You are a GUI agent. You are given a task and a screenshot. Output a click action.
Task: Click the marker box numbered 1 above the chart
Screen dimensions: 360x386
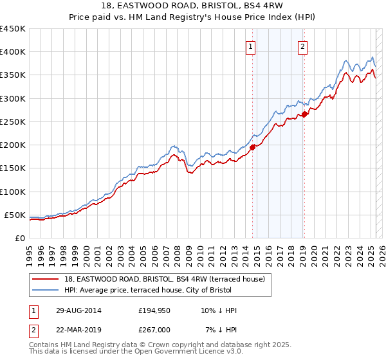tap(250, 46)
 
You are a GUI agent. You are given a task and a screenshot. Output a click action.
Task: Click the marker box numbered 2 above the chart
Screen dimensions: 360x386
tap(302, 46)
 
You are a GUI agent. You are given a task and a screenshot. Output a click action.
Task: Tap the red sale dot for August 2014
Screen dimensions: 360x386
tap(253, 147)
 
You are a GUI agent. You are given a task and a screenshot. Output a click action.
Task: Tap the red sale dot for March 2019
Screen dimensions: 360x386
tap(304, 114)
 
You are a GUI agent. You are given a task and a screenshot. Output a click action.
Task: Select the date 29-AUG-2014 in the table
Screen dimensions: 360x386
tap(78, 310)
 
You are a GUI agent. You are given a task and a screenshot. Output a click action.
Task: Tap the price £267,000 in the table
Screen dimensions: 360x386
tap(154, 330)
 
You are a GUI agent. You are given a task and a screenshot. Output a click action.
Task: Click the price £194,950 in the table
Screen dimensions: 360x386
tap(154, 310)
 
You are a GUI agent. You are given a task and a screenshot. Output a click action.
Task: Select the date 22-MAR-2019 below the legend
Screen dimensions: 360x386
tap(78, 330)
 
